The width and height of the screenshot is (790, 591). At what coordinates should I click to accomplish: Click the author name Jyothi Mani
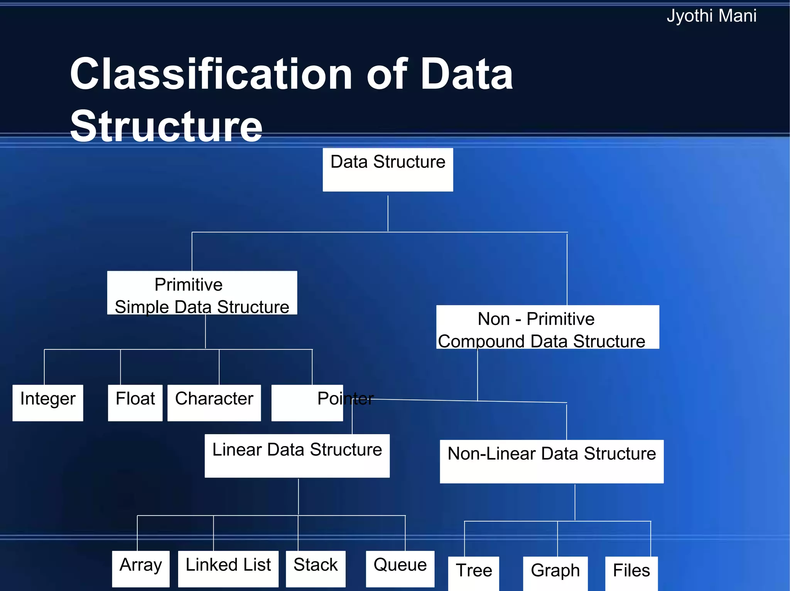point(711,16)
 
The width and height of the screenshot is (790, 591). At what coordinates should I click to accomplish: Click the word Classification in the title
point(211,74)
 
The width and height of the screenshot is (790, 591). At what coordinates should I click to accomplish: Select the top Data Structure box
point(388,170)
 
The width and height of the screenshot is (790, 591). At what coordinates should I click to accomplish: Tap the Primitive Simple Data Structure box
point(202,293)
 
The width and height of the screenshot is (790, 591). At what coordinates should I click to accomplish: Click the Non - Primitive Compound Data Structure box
point(547,327)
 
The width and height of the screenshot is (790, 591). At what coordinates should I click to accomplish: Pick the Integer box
point(48,403)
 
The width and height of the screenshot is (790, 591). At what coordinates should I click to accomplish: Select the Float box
point(135,403)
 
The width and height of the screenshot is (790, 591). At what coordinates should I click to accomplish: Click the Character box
point(214,403)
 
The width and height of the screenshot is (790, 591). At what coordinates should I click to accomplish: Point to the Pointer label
point(345,398)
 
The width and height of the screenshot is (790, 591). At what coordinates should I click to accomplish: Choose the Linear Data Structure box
point(297,456)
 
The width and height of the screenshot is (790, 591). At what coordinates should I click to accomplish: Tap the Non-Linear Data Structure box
point(551,461)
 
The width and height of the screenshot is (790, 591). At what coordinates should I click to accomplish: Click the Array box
point(141,568)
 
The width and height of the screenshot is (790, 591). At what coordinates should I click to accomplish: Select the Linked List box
point(228,568)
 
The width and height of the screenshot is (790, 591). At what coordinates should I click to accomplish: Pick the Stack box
point(316,568)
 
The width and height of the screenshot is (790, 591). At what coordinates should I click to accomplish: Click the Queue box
point(400,568)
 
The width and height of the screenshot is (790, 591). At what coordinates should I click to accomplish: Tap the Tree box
point(474,573)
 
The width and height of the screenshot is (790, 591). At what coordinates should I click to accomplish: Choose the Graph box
point(555,573)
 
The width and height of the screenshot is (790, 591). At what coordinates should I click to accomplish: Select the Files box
point(631,573)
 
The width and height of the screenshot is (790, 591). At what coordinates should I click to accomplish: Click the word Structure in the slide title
point(166,126)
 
